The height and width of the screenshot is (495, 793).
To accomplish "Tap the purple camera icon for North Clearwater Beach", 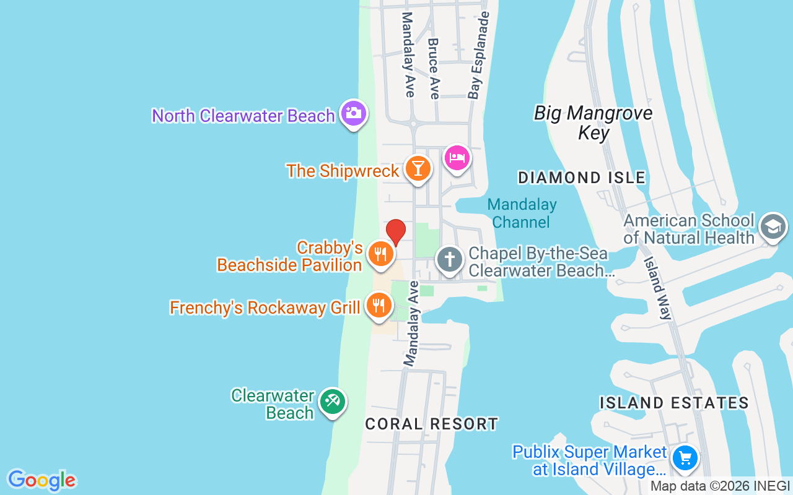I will pyautogui.click(x=354, y=114).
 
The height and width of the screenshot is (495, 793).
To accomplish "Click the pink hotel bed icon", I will pyautogui.click(x=457, y=158).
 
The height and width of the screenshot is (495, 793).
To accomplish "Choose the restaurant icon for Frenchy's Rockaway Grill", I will pyautogui.click(x=378, y=306).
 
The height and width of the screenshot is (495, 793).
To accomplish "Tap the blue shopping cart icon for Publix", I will pyautogui.click(x=685, y=458).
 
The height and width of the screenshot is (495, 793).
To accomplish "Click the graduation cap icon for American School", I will pyautogui.click(x=773, y=226).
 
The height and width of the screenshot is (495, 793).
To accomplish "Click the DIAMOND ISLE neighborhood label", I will pyautogui.click(x=582, y=178).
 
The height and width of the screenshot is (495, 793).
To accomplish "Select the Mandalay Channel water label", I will pyautogui.click(x=522, y=213).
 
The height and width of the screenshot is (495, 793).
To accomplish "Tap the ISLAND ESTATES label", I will pyautogui.click(x=674, y=403).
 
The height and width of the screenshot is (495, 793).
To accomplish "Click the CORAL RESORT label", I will pyautogui.click(x=431, y=424).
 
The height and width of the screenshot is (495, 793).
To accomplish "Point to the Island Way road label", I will pyautogui.click(x=657, y=288).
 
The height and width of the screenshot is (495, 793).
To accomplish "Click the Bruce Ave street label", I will pyautogui.click(x=434, y=68).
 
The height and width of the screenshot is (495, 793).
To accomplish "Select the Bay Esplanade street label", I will pyautogui.click(x=479, y=56).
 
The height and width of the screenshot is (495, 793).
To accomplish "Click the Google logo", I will pyautogui.click(x=42, y=480).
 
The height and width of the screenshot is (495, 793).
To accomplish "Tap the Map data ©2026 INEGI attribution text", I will pyautogui.click(x=720, y=486).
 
